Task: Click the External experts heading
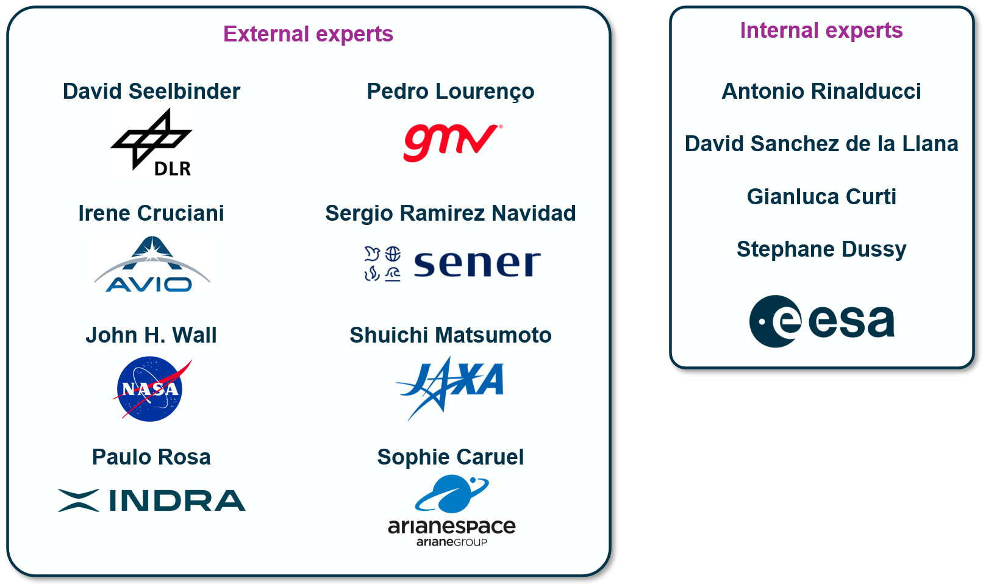(x=308, y=34)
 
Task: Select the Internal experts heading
(x=821, y=30)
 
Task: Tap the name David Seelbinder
(x=151, y=91)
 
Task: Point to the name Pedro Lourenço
(x=450, y=91)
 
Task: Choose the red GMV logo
(x=452, y=142)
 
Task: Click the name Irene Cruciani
(x=151, y=213)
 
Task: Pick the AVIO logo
(x=152, y=264)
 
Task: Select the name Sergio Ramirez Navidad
(x=450, y=214)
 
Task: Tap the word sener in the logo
(x=477, y=263)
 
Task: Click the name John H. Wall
(x=151, y=335)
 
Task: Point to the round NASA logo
(x=149, y=389)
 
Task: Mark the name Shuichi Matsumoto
(x=450, y=335)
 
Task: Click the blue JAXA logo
(x=450, y=388)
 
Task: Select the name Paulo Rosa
(x=151, y=457)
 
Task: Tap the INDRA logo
(x=152, y=500)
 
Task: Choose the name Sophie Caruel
(x=450, y=457)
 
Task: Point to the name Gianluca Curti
(x=821, y=196)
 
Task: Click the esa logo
(x=821, y=321)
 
